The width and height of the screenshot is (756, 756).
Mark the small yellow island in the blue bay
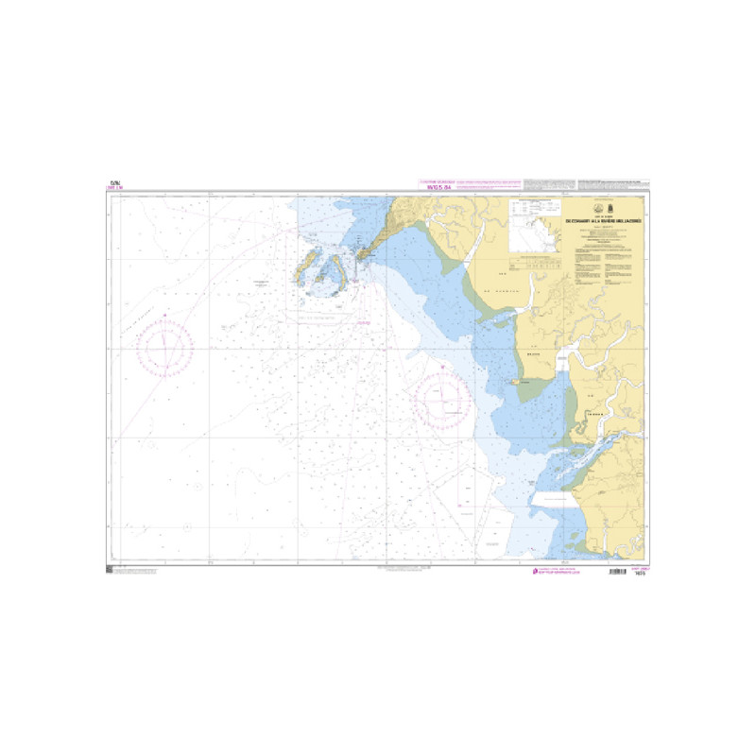pyautogui.click(x=517, y=381)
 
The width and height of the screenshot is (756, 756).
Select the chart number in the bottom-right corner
pyautogui.click(x=639, y=571)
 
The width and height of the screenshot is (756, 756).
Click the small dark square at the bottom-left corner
pyautogui.click(x=111, y=569)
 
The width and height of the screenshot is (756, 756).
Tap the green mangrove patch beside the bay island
pyautogui.click(x=534, y=384)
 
